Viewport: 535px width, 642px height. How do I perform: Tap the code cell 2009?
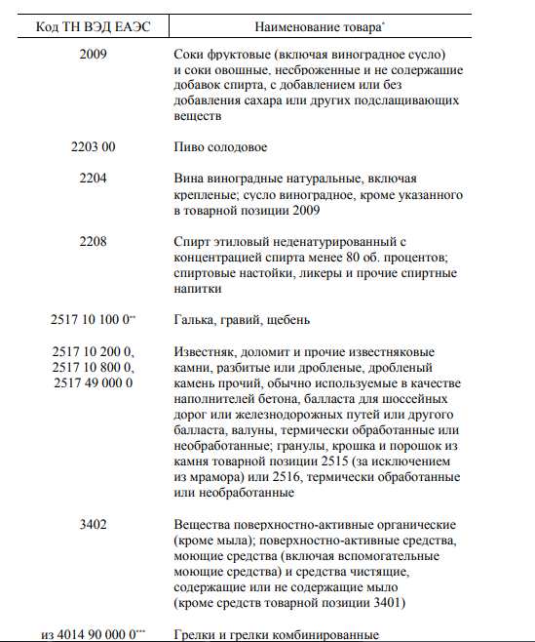point(94,55)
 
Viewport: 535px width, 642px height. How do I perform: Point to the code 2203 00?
point(94,147)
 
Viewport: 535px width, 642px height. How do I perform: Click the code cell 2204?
point(94,179)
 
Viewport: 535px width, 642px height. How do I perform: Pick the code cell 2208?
point(94,241)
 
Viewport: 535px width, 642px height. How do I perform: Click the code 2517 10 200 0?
point(94,351)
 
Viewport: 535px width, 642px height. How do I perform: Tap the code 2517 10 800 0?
point(94,367)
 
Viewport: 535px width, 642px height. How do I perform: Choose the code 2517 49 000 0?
point(94,382)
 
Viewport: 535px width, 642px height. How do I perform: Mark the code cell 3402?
point(94,525)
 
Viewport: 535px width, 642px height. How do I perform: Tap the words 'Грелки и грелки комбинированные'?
point(274,635)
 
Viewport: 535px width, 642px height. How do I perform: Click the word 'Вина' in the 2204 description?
point(187,179)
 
